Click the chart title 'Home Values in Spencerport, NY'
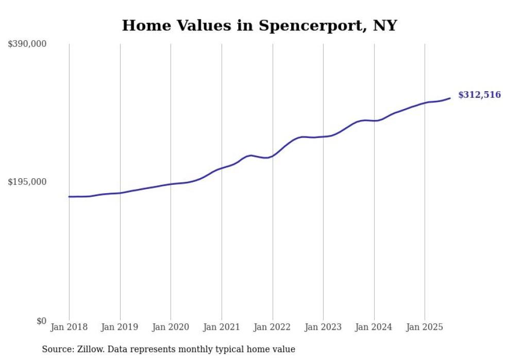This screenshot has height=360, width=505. [x=259, y=25]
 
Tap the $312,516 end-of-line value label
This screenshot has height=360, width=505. [x=479, y=95]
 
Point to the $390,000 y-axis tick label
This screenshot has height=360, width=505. [x=27, y=44]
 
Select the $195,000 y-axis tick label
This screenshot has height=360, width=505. [x=27, y=182]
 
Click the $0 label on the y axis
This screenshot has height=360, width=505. [x=41, y=321]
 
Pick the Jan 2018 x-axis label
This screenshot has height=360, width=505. [x=69, y=327]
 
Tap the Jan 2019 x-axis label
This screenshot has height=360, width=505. [x=120, y=327]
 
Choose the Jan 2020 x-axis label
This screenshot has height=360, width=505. [x=171, y=327]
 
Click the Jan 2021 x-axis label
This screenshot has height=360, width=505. [x=222, y=327]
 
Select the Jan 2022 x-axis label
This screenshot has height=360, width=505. [x=273, y=327]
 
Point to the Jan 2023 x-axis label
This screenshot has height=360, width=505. [x=323, y=327]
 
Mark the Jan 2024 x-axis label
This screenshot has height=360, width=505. [x=374, y=327]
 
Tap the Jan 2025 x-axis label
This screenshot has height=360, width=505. [x=425, y=327]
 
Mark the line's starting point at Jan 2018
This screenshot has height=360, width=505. [x=69, y=197]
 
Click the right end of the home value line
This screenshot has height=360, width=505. [x=450, y=98]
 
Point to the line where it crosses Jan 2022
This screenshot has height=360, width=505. [x=273, y=155]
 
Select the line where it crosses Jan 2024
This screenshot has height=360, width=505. [x=374, y=121]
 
